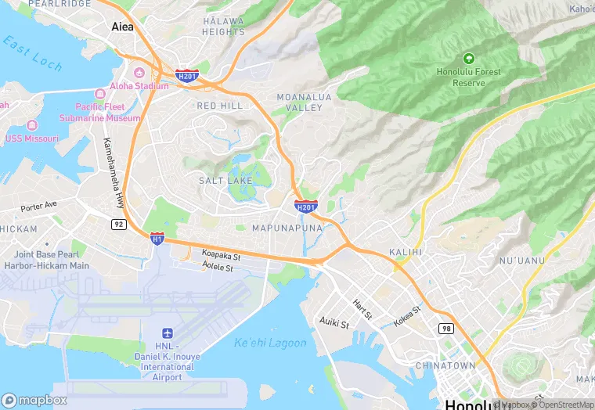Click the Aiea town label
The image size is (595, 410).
(x=122, y=26)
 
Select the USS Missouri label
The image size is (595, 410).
(x=32, y=138)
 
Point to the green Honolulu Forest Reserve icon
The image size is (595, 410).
(x=468, y=58)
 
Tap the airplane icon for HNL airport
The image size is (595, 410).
(x=166, y=334)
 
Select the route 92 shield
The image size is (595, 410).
(x=118, y=224)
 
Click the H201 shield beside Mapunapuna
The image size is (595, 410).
(x=306, y=206)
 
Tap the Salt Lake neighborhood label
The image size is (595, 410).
(x=225, y=181)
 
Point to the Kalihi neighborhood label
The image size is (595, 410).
(x=406, y=252)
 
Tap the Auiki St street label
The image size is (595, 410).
(x=334, y=322)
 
